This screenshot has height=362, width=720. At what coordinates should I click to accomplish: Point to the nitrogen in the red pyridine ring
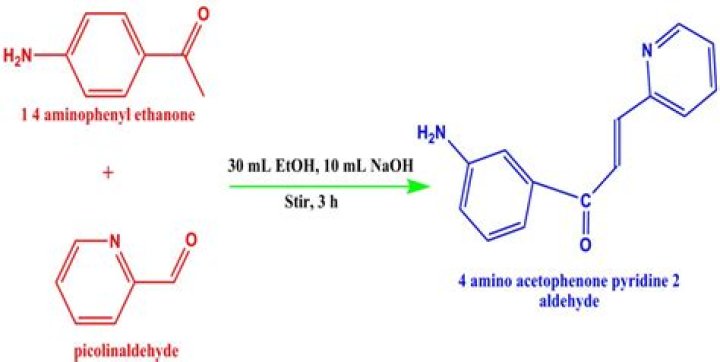(x=115, y=241)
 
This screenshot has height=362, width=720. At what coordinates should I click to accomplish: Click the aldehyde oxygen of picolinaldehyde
(x=189, y=240)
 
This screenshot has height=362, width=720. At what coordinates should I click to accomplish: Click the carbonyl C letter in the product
(x=584, y=200)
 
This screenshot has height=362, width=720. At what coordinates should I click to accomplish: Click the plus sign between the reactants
(x=108, y=171)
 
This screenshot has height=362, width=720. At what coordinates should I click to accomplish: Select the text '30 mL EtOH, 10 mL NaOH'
(x=321, y=167)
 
